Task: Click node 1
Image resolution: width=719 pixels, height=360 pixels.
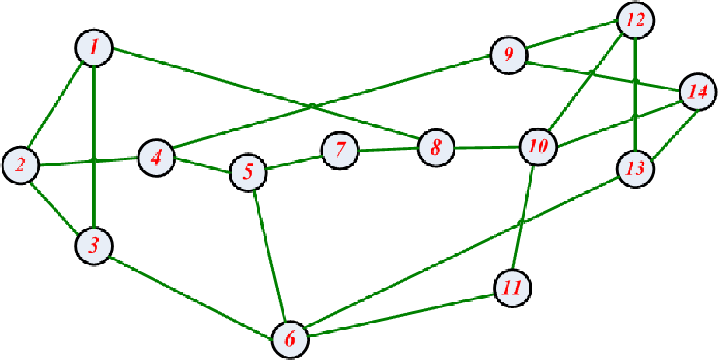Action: point(93,48)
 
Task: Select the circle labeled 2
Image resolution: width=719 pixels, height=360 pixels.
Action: point(21,165)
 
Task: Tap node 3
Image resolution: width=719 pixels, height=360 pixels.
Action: point(94,246)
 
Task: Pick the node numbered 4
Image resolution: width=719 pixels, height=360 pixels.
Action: point(157,158)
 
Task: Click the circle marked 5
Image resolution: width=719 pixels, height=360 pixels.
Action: point(248,173)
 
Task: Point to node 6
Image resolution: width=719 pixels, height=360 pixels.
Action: point(291,340)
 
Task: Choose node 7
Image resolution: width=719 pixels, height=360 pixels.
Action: point(340,150)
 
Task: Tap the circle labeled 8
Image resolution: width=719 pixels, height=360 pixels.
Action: point(436,148)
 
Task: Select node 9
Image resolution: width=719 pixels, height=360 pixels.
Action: point(508,55)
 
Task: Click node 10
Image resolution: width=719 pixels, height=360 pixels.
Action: point(539,148)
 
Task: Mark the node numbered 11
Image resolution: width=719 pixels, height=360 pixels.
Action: point(513,288)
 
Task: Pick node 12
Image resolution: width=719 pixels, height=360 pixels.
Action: point(636,20)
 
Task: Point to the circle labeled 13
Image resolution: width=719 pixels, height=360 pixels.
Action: point(635,169)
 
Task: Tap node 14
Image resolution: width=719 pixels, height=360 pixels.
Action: point(697,92)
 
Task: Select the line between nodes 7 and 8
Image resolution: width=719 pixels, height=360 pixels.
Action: point(388,149)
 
